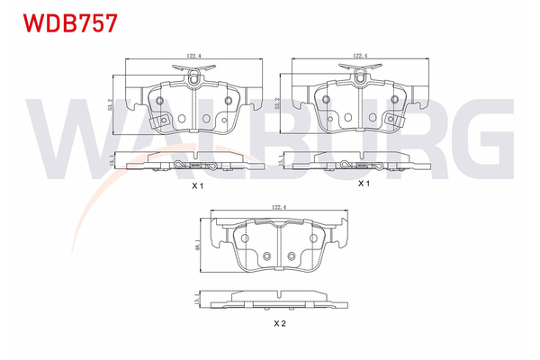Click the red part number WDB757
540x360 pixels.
[70, 23]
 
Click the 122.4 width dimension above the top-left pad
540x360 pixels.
[193, 56]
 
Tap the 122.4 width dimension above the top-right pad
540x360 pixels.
[360, 56]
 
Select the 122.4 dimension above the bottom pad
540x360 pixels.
[279, 207]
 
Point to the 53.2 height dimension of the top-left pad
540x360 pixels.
[110, 104]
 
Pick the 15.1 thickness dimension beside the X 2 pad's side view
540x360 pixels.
[196, 299]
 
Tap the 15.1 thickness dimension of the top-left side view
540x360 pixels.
[111, 160]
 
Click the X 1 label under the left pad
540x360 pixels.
[198, 186]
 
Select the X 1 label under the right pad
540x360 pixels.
[364, 184]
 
